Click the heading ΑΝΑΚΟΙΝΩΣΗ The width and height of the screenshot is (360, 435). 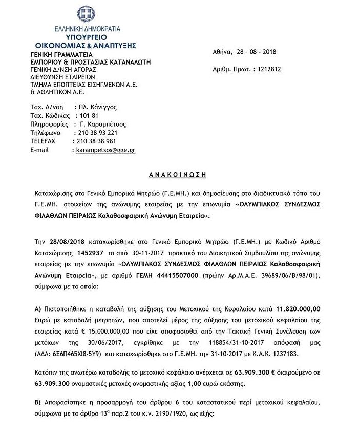pos(178,174)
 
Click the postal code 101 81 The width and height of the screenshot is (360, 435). pos(84,115)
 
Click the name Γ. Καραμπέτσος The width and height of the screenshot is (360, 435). pos(100,124)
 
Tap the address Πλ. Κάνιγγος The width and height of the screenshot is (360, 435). pos(96,107)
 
